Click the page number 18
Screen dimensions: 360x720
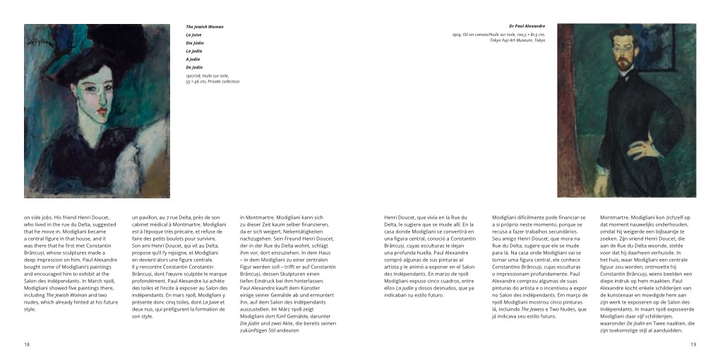pyautogui.click(x=27, y=344)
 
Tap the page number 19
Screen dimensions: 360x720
pyautogui.click(x=693, y=344)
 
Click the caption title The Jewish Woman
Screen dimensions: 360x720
pyautogui.click(x=205, y=27)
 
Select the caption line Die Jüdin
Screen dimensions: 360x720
pyautogui.click(x=195, y=42)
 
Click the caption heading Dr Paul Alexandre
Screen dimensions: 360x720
pyautogui.click(x=527, y=27)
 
